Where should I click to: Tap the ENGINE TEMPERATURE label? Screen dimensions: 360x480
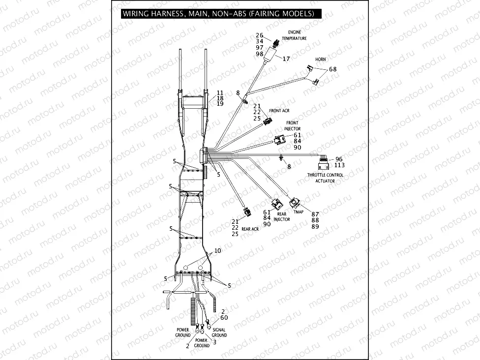(298, 35)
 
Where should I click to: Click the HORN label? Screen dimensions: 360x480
(320, 60)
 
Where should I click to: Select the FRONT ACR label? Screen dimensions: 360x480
(279, 111)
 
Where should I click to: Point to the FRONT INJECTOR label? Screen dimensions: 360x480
(292, 125)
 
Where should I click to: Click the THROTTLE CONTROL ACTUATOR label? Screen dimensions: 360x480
(325, 178)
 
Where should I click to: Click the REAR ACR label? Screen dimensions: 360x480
(250, 229)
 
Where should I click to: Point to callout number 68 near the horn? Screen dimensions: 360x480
(333, 69)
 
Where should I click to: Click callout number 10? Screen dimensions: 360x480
(217, 251)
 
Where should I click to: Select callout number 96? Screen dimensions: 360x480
(339, 159)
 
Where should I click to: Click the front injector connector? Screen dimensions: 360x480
(280, 141)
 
